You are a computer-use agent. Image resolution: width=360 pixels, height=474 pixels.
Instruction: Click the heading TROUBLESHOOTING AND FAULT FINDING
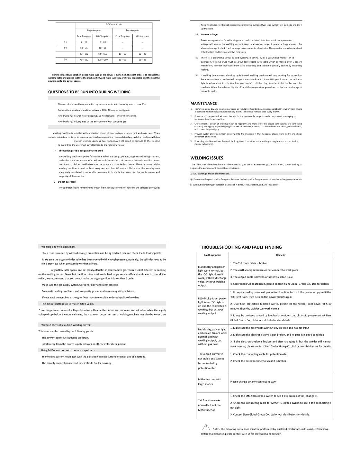(x=241, y=247)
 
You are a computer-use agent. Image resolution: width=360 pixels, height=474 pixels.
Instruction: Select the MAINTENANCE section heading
(x=204, y=103)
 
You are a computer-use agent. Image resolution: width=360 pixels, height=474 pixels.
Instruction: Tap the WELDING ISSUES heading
(x=207, y=158)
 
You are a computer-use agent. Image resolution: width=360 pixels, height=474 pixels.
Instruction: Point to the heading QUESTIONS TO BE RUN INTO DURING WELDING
(x=89, y=92)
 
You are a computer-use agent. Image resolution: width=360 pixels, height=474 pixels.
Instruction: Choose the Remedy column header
(x=281, y=255)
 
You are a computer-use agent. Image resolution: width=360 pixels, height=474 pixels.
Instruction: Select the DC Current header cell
(x=114, y=25)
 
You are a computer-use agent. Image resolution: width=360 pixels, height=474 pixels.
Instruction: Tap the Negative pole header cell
(x=93, y=30)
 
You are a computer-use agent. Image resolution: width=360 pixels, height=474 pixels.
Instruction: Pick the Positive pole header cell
(x=132, y=30)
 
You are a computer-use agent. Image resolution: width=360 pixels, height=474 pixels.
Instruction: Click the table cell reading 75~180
(x=84, y=60)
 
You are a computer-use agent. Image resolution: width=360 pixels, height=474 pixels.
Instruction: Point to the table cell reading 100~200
(x=103, y=60)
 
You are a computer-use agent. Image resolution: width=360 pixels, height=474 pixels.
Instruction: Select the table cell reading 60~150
(x=103, y=54)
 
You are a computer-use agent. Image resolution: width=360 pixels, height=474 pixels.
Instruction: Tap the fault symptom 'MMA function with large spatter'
(x=209, y=382)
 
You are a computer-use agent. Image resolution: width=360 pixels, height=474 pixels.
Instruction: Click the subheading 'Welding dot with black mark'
(x=58, y=247)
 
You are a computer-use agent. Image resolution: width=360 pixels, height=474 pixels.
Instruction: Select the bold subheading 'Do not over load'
(x=66, y=182)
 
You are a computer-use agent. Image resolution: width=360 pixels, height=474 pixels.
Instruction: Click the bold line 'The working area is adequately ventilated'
(x=80, y=151)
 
